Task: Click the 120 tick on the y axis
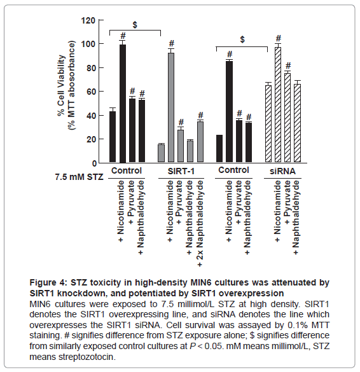click(x=101, y=20)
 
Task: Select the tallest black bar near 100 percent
click(x=123, y=104)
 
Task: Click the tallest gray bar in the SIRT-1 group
click(x=171, y=107)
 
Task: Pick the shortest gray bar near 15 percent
click(x=162, y=153)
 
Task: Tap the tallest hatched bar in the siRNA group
click(x=278, y=105)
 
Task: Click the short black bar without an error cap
click(x=219, y=149)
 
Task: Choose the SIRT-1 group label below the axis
click(x=181, y=171)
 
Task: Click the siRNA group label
click(x=282, y=171)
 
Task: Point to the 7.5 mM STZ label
click(x=80, y=177)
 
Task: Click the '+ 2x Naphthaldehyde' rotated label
click(x=200, y=223)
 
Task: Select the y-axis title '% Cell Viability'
click(x=61, y=85)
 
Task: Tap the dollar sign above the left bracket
click(x=135, y=25)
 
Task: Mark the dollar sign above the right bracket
click(x=242, y=39)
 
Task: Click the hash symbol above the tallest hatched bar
click(x=279, y=38)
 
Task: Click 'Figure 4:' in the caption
click(x=48, y=283)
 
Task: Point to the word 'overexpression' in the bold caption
click(x=251, y=294)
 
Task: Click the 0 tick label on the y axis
click(x=94, y=163)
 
